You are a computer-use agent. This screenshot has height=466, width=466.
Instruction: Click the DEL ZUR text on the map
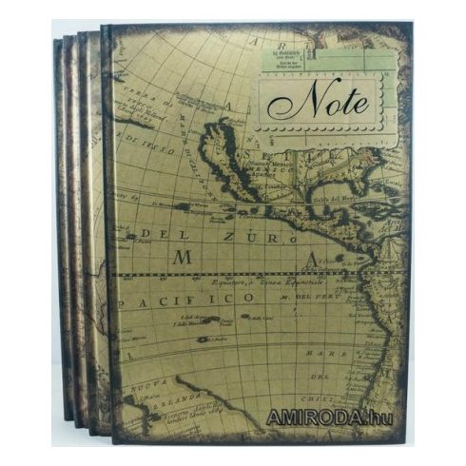point(207,233)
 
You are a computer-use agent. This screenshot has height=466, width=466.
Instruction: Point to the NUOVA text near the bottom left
point(145,386)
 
